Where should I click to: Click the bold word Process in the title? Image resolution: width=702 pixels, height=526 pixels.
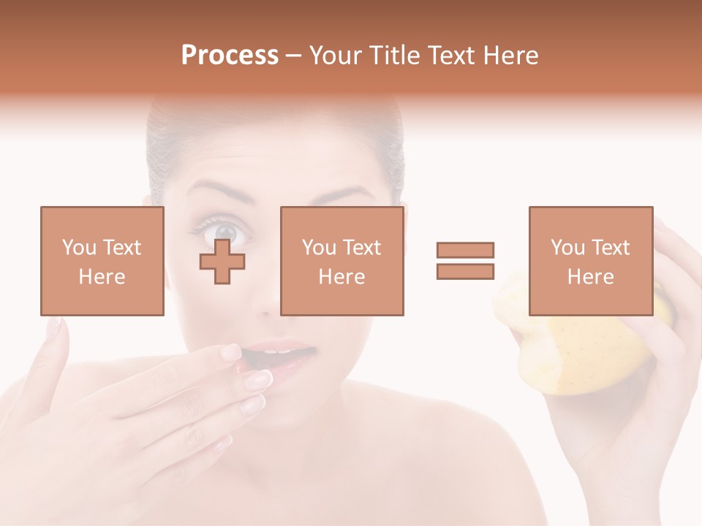[230, 56]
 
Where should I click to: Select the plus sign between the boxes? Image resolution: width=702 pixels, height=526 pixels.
[222, 261]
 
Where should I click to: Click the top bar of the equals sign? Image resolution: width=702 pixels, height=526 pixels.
[465, 250]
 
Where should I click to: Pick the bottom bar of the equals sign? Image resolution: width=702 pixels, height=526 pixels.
[465, 271]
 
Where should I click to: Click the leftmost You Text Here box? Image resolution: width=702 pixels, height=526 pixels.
[102, 261]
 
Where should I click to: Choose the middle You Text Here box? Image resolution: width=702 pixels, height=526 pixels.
[342, 261]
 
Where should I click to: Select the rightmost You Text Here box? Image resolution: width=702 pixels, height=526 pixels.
[591, 261]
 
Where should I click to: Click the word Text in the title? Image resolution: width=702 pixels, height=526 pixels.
[450, 56]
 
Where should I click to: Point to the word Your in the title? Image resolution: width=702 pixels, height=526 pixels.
[335, 56]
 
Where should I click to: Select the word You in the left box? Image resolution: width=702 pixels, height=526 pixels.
[78, 247]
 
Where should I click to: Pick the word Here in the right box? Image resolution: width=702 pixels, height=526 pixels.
[591, 276]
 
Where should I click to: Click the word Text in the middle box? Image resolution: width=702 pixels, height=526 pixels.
[362, 247]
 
